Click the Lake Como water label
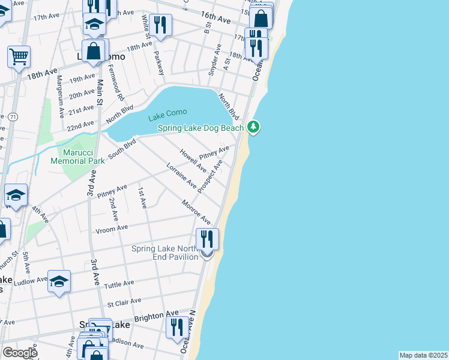point(168,113)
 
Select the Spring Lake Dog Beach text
point(200,128)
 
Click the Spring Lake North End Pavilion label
point(165,253)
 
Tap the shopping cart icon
point(19,57)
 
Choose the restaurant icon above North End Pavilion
point(207,238)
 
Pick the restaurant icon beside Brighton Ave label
point(176,327)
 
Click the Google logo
point(20,352)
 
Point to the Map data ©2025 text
point(423,355)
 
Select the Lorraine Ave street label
point(181,175)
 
